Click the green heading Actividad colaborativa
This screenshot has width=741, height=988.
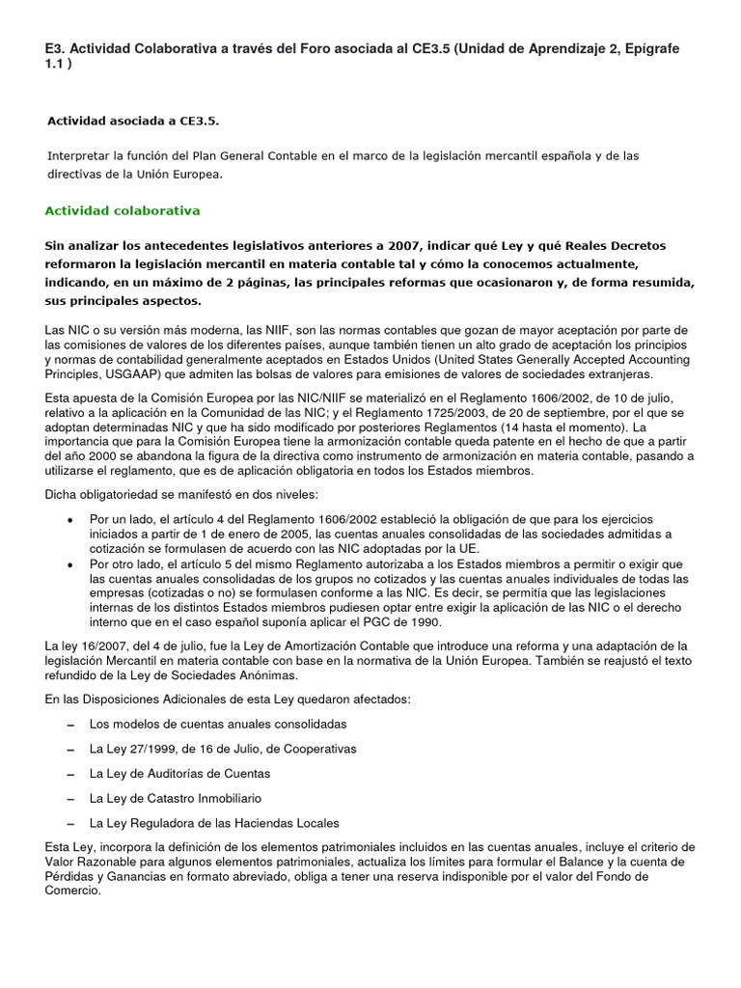(123, 210)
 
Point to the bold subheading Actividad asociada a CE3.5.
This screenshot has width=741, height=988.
(133, 121)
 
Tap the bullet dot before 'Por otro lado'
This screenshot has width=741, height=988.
(69, 564)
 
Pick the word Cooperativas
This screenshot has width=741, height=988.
(319, 749)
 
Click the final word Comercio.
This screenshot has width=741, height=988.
(72, 891)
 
